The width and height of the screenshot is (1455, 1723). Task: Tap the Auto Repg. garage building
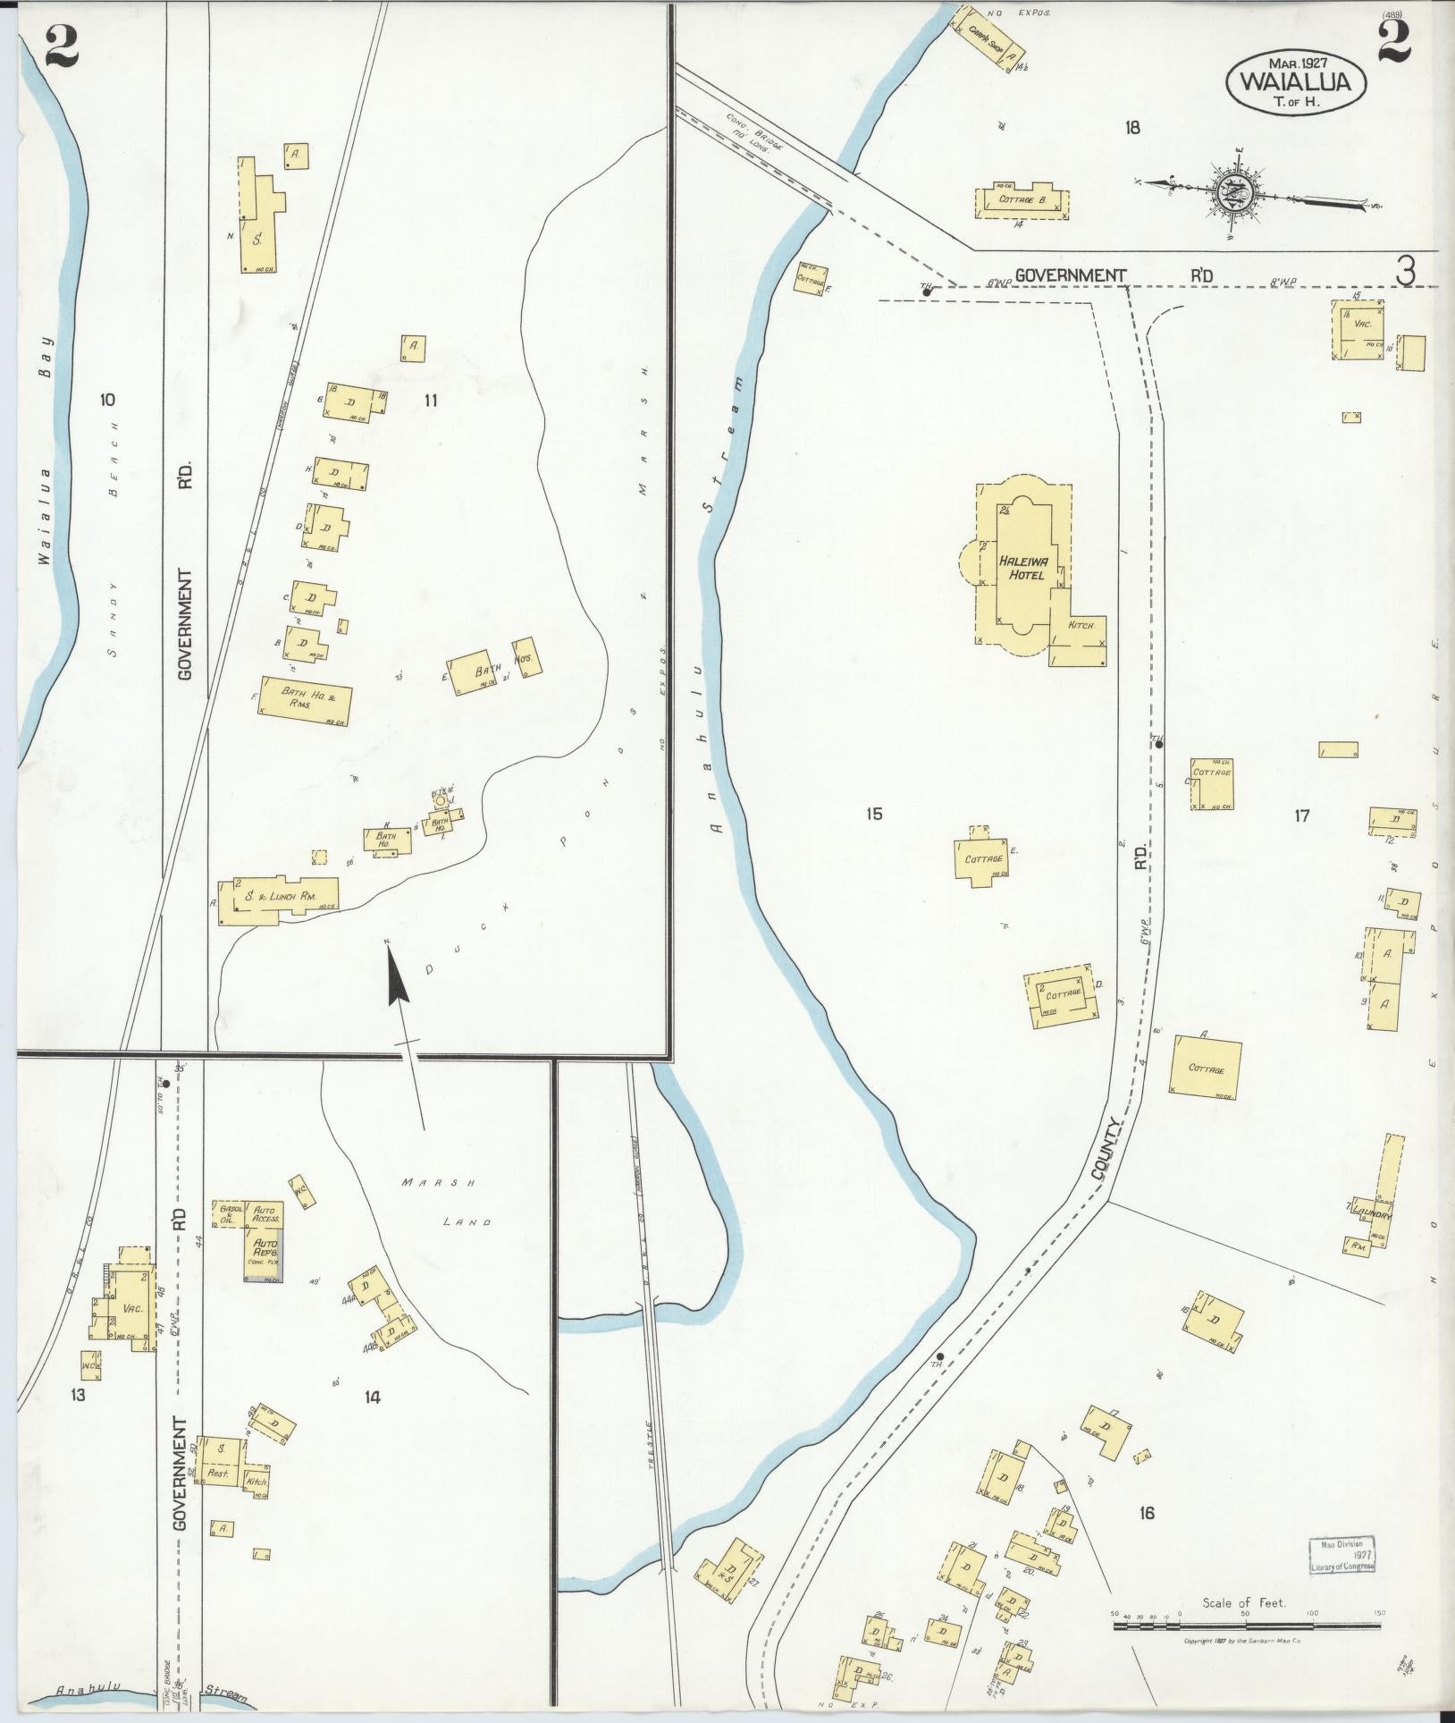coord(265,1254)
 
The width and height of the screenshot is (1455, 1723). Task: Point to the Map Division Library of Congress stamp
coord(1342,1555)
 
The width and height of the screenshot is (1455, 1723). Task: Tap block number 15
coord(874,814)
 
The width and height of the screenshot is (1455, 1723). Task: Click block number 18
coord(1132,128)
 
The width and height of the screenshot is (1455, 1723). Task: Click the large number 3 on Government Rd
coord(1407,271)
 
